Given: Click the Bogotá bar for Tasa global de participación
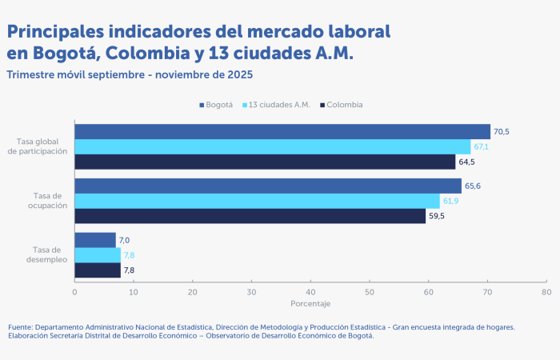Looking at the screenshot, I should point(282,132).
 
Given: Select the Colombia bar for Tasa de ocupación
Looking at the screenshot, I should point(250,216).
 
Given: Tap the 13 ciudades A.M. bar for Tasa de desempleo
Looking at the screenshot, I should point(98,255).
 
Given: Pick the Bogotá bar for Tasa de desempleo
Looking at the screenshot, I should point(95,240).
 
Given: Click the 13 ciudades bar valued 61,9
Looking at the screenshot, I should point(257,201).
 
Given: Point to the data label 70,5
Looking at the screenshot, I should point(502,132).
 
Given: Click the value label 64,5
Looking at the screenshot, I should point(466,162).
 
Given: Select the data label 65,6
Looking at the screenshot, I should point(473,186).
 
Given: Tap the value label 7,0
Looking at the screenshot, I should point(124,240).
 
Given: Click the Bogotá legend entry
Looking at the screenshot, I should point(216,105).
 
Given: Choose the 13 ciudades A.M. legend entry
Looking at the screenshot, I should point(278,105).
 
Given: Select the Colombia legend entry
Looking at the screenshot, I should point(342,105).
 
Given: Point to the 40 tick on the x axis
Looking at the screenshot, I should point(310,292).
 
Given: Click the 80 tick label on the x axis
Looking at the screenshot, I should point(546,292).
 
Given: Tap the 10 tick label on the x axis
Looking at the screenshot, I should point(134,292).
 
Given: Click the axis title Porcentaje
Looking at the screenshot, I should point(310,304).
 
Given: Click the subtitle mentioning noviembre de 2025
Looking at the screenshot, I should point(130,75).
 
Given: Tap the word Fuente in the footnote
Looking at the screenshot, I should point(22,326).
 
